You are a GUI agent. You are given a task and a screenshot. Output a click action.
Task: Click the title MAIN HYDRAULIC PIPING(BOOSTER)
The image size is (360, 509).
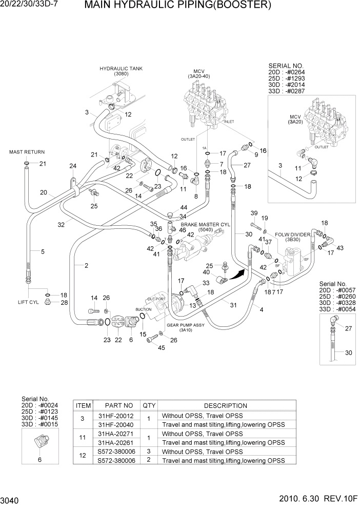tap(177, 6)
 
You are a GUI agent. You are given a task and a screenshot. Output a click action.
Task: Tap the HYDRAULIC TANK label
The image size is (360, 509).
tap(121, 68)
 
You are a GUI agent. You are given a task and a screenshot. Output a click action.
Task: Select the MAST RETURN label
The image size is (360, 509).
tap(27, 152)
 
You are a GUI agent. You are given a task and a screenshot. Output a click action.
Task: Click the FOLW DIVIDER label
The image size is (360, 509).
tap(292, 234)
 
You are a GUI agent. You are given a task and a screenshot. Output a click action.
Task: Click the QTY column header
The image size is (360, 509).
tap(149, 405)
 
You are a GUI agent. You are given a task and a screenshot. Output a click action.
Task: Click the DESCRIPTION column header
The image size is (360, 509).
tap(226, 405)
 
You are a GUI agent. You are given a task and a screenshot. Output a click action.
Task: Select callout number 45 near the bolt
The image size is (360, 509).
tap(162, 348)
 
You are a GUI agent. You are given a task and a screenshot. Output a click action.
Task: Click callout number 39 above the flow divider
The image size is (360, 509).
tap(253, 213)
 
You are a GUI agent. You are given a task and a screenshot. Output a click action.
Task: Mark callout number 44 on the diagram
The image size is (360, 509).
tap(183, 207)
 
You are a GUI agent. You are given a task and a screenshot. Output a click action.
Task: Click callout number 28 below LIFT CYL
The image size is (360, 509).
tap(64, 303)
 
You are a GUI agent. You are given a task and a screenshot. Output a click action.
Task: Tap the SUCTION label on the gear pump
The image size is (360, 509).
tap(143, 309)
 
